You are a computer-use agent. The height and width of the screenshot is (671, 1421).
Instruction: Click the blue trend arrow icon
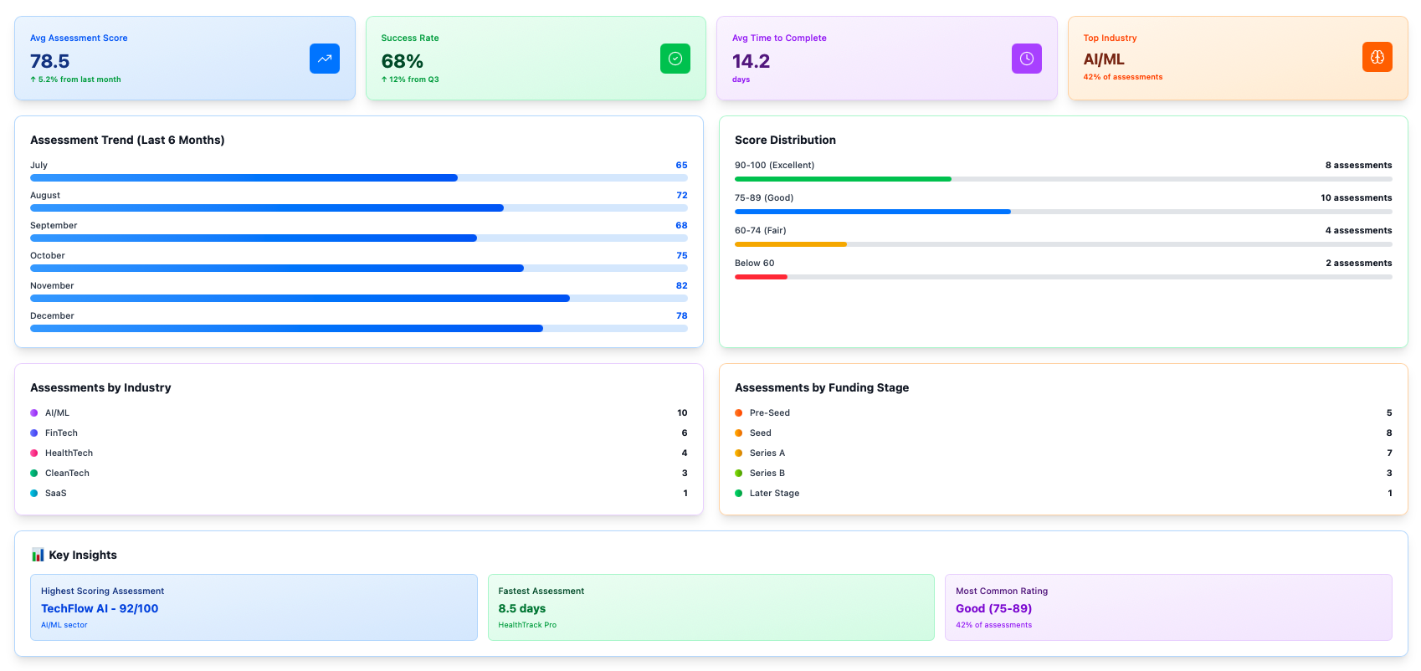pyautogui.click(x=324, y=59)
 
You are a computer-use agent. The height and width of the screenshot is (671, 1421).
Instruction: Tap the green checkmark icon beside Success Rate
pyautogui.click(x=675, y=59)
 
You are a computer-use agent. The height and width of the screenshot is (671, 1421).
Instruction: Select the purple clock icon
pyautogui.click(x=1026, y=59)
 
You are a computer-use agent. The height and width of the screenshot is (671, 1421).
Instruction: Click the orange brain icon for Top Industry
pyautogui.click(x=1377, y=57)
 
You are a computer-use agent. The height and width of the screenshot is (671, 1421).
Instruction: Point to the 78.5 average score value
pyautogui.click(x=50, y=61)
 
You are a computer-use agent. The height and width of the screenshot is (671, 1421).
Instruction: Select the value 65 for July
pyautogui.click(x=681, y=166)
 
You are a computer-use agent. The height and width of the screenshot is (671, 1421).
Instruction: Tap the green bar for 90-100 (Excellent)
pyautogui.click(x=842, y=179)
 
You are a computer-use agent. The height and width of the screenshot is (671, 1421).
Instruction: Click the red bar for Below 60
pyautogui.click(x=761, y=277)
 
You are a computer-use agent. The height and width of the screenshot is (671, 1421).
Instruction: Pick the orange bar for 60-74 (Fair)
pyautogui.click(x=790, y=244)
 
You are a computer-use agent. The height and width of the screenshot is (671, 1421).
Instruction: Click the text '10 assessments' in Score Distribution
pyautogui.click(x=1356, y=198)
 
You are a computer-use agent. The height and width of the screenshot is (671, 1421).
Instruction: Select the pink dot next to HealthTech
pyautogui.click(x=34, y=453)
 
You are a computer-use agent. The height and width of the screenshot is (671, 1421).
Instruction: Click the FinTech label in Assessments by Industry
pyautogui.click(x=61, y=433)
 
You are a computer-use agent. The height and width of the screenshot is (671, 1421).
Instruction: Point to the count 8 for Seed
pyautogui.click(x=1388, y=433)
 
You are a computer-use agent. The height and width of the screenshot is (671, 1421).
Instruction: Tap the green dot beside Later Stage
pyautogui.click(x=738, y=493)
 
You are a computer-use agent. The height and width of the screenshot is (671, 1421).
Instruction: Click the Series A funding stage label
pyautogui.click(x=767, y=453)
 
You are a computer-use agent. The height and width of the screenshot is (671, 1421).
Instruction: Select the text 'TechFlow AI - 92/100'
pyautogui.click(x=100, y=608)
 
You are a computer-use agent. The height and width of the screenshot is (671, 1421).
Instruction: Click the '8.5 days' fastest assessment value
pyautogui.click(x=521, y=608)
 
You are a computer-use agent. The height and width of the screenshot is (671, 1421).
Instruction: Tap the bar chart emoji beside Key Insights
pyautogui.click(x=38, y=555)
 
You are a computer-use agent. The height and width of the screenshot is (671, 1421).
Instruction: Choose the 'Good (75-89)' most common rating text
pyautogui.click(x=993, y=608)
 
